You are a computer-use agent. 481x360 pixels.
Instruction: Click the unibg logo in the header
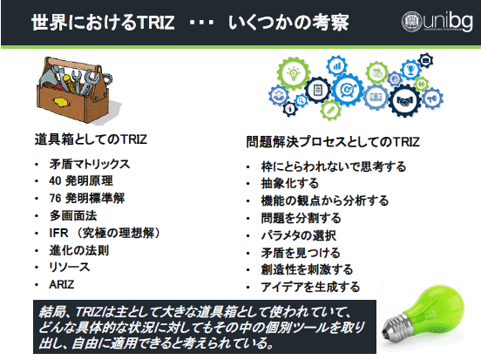point(437,21)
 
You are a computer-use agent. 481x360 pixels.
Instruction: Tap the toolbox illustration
point(77,91)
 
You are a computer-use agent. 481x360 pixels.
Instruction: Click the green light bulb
point(424,316)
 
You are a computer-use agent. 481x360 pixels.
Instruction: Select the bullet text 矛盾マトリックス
point(90,164)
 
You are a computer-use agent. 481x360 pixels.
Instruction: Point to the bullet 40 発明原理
point(81,180)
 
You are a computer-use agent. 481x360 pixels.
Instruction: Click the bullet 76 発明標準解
point(87,198)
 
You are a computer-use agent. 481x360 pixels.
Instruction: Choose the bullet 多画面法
point(73,215)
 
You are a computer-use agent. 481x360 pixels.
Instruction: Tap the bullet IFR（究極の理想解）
point(105,233)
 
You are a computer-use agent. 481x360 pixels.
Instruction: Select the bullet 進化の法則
point(79,250)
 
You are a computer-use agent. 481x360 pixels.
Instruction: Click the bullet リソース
point(70,267)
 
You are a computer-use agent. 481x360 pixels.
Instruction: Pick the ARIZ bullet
point(61,284)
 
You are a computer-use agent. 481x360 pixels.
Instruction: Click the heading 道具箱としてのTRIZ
point(91,139)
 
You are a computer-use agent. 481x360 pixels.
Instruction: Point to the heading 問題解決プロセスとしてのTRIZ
point(333,142)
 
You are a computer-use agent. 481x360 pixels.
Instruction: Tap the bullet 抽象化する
point(289,183)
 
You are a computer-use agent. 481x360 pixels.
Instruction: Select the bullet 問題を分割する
point(301,218)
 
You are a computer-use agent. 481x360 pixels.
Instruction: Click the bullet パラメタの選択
point(299,235)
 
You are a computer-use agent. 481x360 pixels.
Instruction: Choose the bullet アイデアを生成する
point(310,287)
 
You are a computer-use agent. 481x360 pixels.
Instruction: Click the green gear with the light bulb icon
point(293,72)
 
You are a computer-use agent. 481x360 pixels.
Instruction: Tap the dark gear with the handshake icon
point(405,100)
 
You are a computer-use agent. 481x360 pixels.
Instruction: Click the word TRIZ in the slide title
point(155,23)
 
